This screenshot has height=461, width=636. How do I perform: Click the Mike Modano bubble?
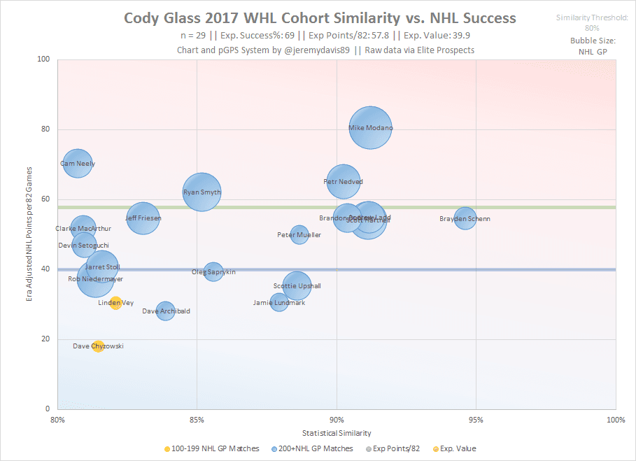[370, 127]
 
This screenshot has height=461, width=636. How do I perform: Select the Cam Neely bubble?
[77, 164]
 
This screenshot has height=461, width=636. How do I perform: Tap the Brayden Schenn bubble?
[465, 219]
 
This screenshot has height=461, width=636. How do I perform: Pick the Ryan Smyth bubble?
[202, 192]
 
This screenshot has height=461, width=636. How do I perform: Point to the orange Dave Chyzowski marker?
[98, 346]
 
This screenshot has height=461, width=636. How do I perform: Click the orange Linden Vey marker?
[115, 303]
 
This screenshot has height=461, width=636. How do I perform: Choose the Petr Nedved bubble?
[343, 181]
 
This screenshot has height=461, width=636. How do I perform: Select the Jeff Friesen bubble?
[143, 218]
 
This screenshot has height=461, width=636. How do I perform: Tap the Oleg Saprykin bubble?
[213, 271]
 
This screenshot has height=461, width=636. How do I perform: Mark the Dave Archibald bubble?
[165, 311]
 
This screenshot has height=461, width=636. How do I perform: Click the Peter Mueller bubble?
[299, 234]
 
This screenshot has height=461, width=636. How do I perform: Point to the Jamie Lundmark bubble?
[279, 302]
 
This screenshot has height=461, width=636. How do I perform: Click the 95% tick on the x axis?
[476, 420]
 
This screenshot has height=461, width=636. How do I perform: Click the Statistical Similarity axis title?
[337, 433]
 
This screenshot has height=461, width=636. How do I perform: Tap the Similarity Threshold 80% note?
[592, 22]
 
